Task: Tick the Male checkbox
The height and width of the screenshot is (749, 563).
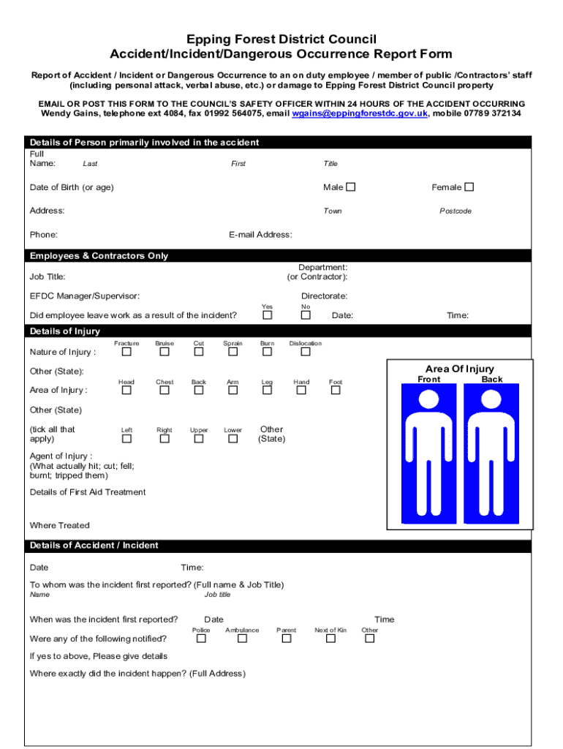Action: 351,187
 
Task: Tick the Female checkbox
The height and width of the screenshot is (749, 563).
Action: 469,187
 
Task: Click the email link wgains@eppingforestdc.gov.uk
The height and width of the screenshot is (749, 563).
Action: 360,114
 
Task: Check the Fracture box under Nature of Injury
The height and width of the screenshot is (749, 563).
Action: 126,353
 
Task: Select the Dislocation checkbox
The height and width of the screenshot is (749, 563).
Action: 306,353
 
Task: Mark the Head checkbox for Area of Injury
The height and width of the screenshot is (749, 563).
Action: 126,391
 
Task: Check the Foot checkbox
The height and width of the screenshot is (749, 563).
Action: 336,391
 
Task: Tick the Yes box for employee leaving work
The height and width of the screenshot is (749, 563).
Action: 268,315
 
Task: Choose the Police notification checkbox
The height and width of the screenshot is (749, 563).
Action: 201,639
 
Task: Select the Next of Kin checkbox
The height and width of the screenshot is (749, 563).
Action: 330,639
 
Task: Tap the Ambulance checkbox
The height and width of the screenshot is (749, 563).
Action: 242,639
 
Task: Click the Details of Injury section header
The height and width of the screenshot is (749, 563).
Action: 65,331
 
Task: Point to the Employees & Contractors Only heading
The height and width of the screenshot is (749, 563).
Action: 99,256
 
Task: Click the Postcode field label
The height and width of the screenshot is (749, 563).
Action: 455,211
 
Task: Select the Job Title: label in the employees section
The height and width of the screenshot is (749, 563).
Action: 48,277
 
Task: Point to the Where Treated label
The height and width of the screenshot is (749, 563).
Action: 59,525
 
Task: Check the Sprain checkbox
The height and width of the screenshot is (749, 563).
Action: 233,353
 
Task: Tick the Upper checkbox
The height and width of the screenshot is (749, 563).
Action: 199,439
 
